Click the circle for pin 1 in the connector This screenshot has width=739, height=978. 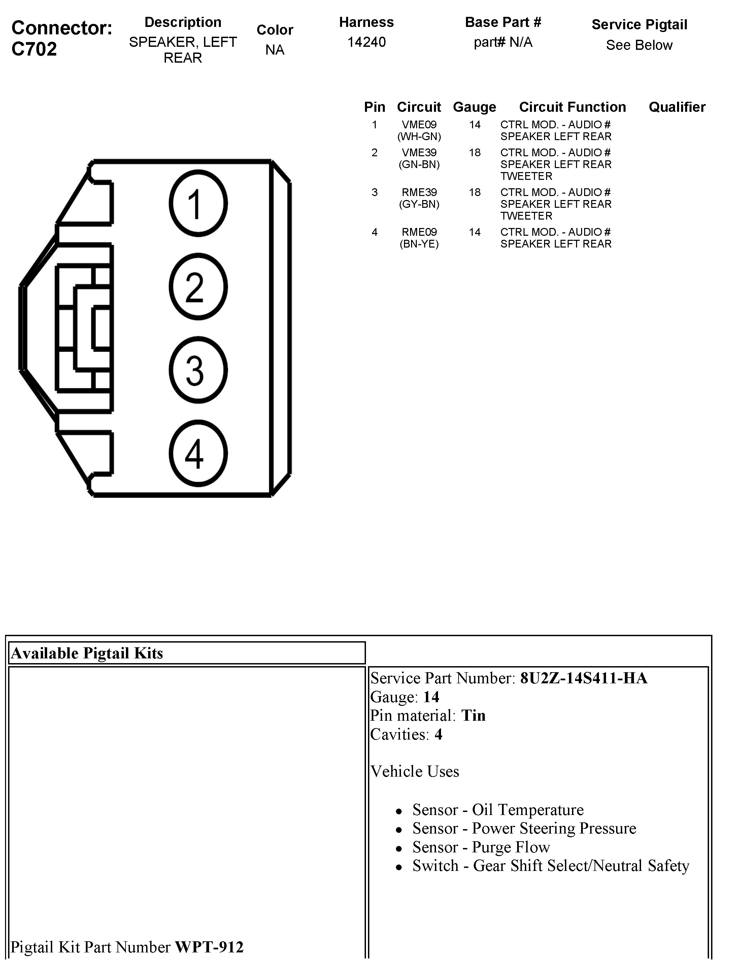pos(198,203)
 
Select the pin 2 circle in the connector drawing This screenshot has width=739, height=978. pos(198,287)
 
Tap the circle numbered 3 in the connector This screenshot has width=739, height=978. pos(198,370)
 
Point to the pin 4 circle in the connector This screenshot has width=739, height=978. pos(198,453)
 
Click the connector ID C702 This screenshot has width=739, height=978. pos(34,48)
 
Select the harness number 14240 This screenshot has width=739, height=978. pos(366,42)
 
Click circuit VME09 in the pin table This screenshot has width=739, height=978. pos(419,125)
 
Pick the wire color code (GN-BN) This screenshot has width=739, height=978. pos(419,164)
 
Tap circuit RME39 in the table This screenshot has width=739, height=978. pos(419,192)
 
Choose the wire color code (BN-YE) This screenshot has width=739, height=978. pos(419,244)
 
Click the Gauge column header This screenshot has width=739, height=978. pos(474,107)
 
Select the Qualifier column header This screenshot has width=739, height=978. pos(677,107)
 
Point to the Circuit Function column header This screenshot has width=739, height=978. pos(572,107)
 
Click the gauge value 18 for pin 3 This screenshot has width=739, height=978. pos(475,192)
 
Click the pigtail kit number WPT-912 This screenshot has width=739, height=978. pos(209,947)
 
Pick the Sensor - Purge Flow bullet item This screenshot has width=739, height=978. pos(481,847)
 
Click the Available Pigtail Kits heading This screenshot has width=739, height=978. pos(87,653)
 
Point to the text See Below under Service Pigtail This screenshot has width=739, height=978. pos(639,45)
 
